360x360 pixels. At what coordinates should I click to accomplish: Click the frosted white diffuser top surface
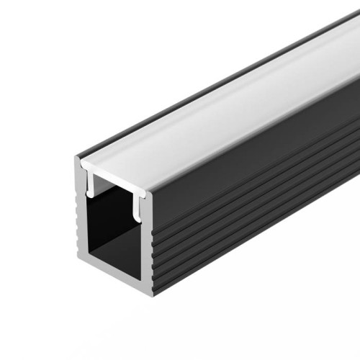point(216,108)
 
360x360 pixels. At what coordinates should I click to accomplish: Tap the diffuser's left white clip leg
point(91,184)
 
